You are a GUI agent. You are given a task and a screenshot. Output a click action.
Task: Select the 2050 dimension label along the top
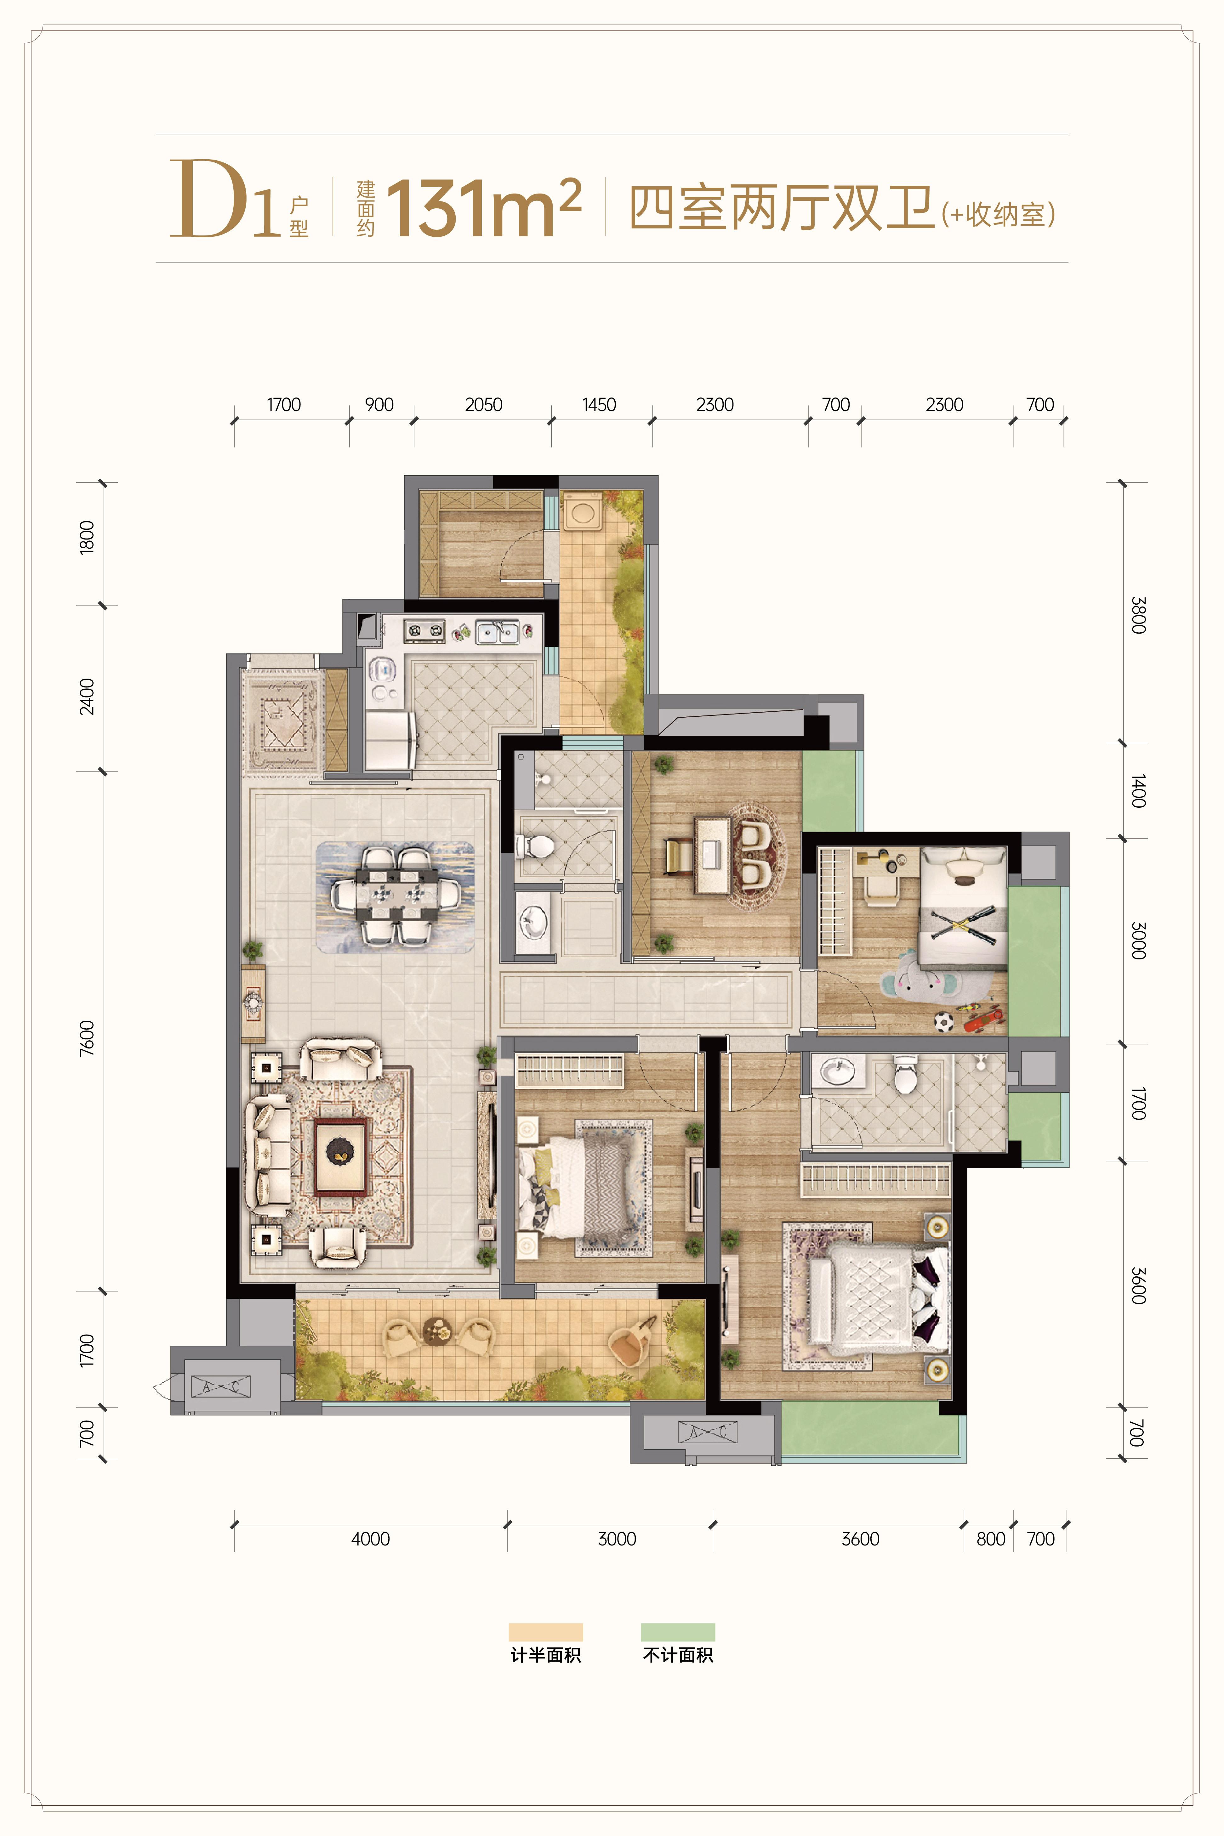pyautogui.click(x=483, y=405)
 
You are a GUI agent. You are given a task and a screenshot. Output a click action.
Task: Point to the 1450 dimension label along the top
pyautogui.click(x=599, y=405)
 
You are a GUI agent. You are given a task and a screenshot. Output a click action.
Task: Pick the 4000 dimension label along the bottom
pyautogui.click(x=370, y=1539)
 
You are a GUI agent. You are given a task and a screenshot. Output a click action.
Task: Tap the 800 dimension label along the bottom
pyautogui.click(x=991, y=1539)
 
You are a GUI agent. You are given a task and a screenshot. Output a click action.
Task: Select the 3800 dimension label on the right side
pyautogui.click(x=1138, y=615)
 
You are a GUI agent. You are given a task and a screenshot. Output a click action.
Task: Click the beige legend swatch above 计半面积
pyautogui.click(x=546, y=1632)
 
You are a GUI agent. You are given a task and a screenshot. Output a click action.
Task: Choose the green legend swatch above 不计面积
pyautogui.click(x=678, y=1632)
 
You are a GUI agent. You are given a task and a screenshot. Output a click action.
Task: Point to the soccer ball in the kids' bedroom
pyautogui.click(x=944, y=1021)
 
